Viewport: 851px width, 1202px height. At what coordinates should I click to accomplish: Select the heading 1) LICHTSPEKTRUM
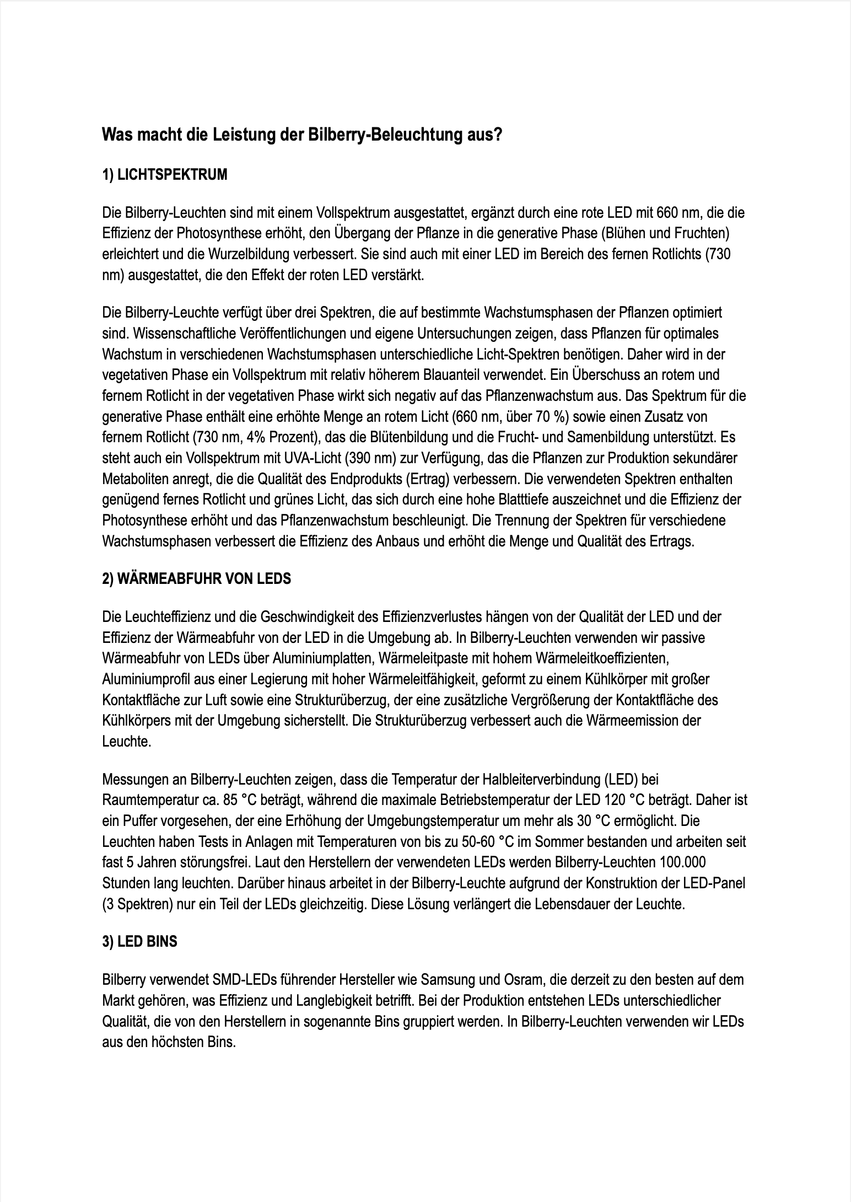[164, 175]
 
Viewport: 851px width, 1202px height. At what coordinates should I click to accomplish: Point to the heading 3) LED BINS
[139, 942]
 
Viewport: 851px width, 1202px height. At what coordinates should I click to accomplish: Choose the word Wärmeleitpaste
[403, 658]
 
